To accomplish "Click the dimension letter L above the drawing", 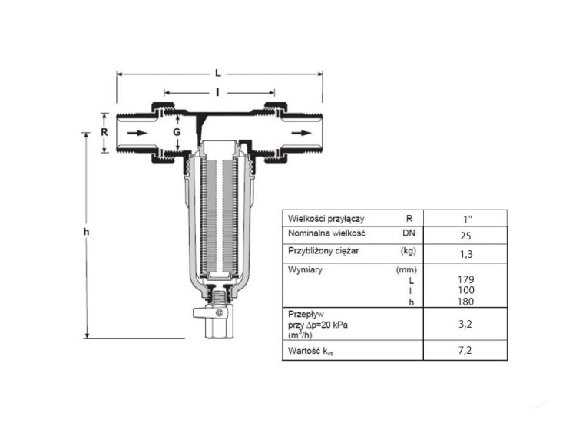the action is click(218, 73).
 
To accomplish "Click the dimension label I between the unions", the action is click(217, 92).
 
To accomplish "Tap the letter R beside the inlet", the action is click(104, 132).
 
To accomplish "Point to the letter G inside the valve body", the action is click(177, 132).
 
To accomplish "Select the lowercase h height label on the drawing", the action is click(86, 232).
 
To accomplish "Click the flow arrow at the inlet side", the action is click(137, 133).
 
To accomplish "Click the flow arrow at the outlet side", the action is click(301, 133).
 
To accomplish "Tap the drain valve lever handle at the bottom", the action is click(210, 313).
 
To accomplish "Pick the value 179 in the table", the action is click(466, 280).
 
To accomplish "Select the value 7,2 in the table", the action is click(465, 350).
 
